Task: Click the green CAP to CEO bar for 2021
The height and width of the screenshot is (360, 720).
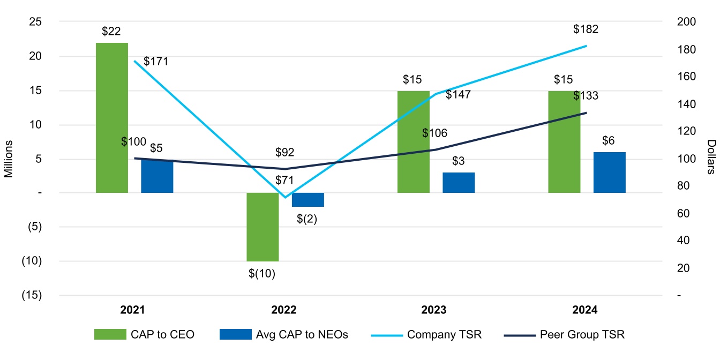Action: pos(112,117)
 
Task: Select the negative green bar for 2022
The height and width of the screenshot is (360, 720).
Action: pos(262,227)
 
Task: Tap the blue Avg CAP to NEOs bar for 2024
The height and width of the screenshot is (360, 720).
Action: pos(609,172)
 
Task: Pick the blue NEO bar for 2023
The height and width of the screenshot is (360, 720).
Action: pos(459,183)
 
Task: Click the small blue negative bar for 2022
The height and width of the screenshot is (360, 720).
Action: pos(308,200)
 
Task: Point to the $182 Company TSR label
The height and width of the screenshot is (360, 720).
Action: pos(585,29)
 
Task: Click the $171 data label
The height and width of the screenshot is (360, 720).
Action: pos(156,61)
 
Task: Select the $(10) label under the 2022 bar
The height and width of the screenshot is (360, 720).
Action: pos(261,274)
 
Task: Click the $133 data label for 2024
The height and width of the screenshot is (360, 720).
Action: pos(586,96)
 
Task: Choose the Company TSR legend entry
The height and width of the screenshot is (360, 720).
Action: pos(426,335)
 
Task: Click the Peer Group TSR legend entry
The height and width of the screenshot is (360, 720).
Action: pos(565,335)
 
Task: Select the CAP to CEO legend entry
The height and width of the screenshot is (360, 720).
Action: pos(144,335)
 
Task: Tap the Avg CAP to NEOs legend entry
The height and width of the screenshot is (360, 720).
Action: pos(284,335)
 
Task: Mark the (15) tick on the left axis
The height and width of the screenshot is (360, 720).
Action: pos(33,295)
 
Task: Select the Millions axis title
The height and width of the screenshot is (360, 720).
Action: pos(9,159)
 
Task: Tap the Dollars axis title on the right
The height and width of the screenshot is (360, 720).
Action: pos(711,157)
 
